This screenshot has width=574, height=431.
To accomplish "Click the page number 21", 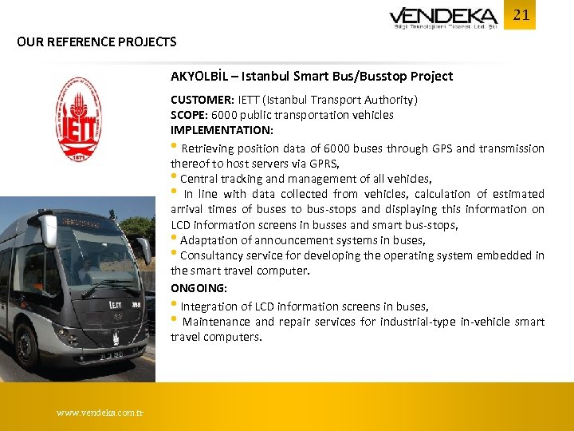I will (521, 15).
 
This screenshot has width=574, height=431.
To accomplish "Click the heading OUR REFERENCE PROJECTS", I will (96, 42).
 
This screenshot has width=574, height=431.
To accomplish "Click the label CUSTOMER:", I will (202, 100).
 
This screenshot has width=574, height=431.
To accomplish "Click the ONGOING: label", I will (198, 287).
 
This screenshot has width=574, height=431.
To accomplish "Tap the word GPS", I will (441, 148).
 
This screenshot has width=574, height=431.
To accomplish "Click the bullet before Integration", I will (174, 305).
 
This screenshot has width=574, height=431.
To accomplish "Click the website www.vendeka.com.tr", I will (100, 413).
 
